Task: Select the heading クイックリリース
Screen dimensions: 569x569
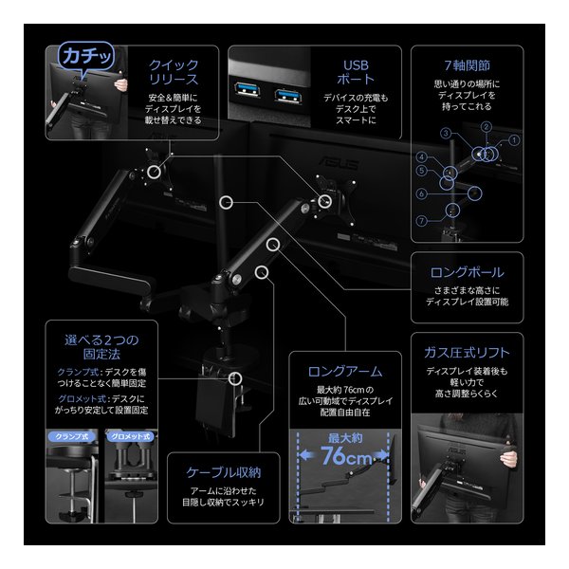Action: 174,72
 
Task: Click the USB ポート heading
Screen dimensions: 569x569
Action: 357,72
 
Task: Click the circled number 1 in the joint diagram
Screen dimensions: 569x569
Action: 515,139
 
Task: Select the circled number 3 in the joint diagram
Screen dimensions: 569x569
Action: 445,134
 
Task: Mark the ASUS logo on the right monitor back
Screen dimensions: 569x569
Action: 344,164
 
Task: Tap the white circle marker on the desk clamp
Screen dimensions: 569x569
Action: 231,377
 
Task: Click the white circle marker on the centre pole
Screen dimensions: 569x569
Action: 226,202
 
